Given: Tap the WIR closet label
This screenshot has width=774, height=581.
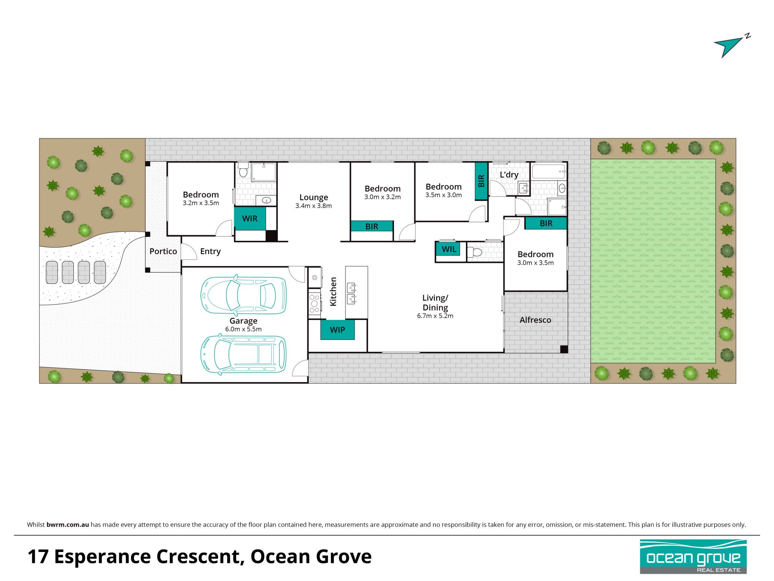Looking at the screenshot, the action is tap(250, 219).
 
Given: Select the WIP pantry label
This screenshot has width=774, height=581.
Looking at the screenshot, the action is tap(337, 330).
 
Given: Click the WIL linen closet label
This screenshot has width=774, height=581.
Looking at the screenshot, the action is tap(449, 249).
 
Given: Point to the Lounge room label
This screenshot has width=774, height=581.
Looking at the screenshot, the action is tap(314, 197).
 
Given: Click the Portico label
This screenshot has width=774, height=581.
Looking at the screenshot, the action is tap(163, 251).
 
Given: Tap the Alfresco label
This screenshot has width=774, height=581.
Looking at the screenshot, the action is tap(535, 320).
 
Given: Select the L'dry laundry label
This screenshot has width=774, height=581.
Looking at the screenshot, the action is tap(509, 175).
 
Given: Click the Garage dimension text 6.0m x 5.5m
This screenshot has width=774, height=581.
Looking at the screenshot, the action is tap(243, 329).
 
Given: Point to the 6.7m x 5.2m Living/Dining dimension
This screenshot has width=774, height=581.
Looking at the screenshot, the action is tap(435, 316).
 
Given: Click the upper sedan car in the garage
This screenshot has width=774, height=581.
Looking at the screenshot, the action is tap(243, 295).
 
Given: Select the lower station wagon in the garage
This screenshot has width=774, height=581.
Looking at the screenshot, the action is tap(243, 355).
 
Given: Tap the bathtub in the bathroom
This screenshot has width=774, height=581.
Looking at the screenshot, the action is tap(549, 171).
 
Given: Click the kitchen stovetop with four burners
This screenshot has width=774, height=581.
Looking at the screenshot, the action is tap(314, 304).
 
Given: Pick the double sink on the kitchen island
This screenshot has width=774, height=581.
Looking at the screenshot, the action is tap(352, 293).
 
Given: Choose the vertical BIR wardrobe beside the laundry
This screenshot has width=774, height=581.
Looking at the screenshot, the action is tap(481, 181).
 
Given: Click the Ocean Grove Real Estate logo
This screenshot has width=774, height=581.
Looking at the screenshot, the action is tap(693, 557).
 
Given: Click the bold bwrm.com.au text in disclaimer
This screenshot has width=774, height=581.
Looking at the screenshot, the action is tap(68, 525).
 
